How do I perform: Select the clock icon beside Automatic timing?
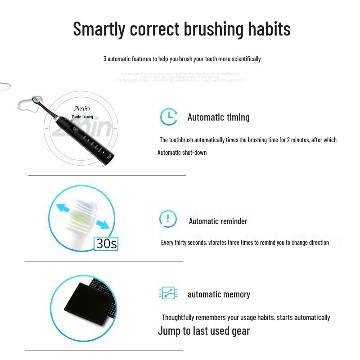tap(169, 117)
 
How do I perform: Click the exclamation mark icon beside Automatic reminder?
tap(168, 219)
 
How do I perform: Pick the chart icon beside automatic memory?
tap(168, 293)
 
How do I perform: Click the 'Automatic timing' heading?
tap(218, 117)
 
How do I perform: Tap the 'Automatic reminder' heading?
tap(218, 221)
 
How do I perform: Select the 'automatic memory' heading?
tap(219, 295)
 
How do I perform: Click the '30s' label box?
tap(107, 243)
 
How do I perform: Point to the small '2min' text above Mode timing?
tap(82, 109)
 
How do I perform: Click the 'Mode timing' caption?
tap(82, 117)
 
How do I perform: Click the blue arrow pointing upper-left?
tap(64, 209)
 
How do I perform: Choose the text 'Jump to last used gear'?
tap(203, 331)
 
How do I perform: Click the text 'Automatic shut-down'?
tap(182, 153)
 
